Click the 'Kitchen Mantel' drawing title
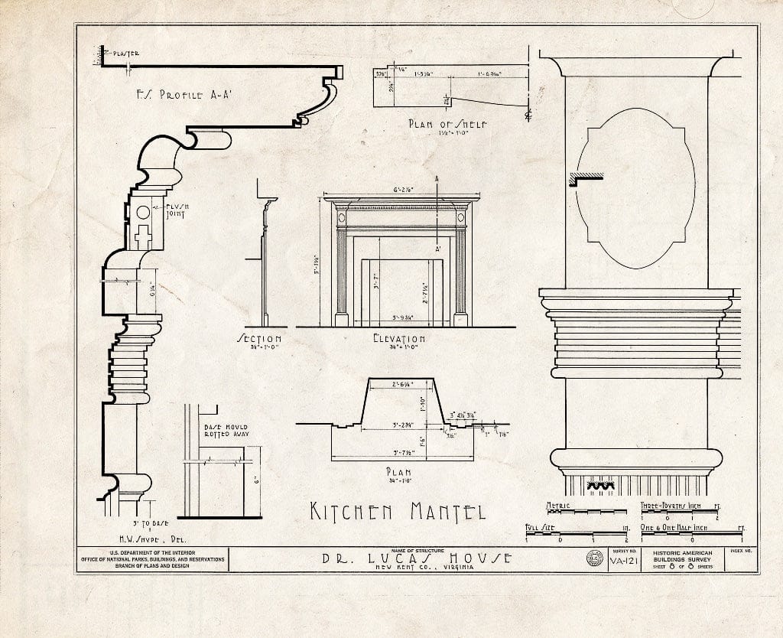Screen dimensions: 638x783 (397, 511)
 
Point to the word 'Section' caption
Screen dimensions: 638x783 (259, 338)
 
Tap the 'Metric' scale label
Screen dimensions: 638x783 (558, 506)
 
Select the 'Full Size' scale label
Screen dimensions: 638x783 (540, 527)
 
